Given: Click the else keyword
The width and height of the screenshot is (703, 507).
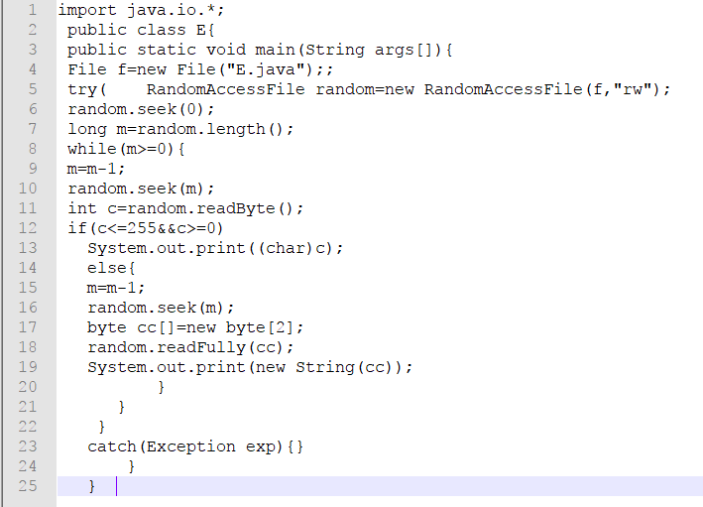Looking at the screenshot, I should coord(107,268).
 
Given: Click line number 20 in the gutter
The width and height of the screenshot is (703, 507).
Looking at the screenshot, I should coord(28,387).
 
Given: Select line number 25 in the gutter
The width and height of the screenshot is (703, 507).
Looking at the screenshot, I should coord(28,486).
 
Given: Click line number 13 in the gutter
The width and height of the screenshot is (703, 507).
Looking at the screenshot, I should coord(28,248).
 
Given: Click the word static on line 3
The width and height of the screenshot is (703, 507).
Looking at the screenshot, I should coord(167,50).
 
